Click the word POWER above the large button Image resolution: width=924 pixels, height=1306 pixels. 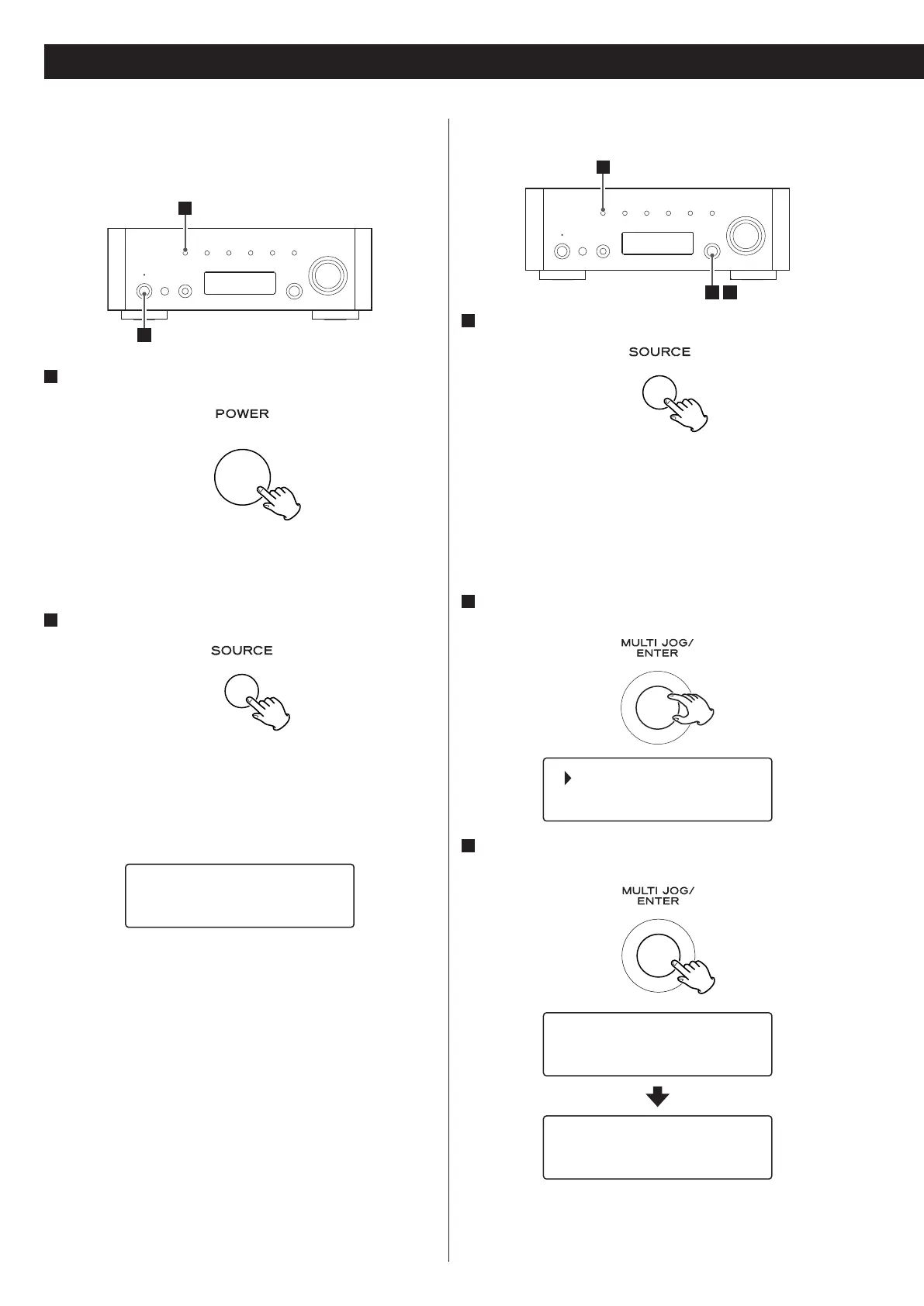(x=242, y=414)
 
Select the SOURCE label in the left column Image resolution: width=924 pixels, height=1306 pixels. (x=242, y=651)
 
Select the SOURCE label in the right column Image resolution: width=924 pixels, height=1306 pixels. (x=659, y=352)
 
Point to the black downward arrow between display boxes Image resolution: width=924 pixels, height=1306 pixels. (x=657, y=1096)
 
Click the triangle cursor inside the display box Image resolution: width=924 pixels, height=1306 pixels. (x=568, y=779)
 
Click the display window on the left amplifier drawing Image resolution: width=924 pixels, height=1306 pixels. (x=240, y=283)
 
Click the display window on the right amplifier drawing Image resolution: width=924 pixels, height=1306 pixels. (x=657, y=243)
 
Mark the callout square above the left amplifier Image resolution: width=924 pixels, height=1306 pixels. (x=185, y=207)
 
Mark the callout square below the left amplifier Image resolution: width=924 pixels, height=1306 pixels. (x=144, y=335)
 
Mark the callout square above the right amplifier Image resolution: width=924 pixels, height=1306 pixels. (x=602, y=166)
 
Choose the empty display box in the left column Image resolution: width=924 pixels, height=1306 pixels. (x=240, y=896)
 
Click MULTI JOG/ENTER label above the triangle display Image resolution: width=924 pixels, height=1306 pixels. (x=658, y=648)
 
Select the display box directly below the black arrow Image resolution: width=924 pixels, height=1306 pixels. (x=657, y=1147)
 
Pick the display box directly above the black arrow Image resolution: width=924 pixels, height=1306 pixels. (x=657, y=1044)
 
